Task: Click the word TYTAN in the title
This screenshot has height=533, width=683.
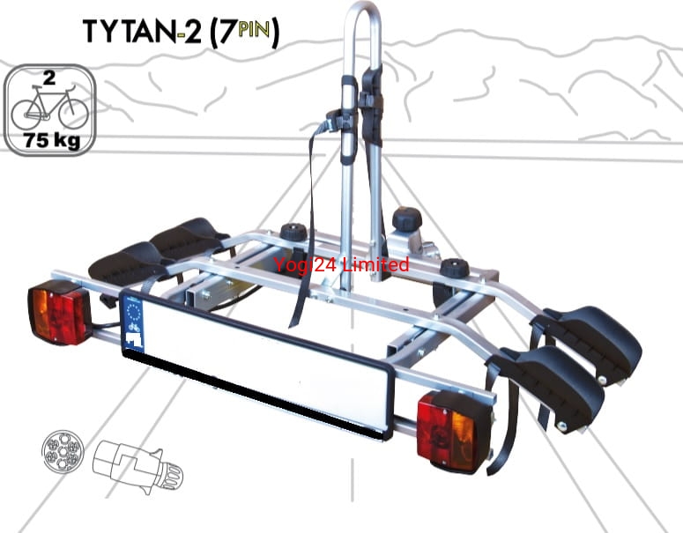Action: coord(130,32)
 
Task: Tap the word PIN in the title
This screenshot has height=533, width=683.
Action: coord(255,30)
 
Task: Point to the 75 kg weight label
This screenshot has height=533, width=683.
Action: coord(50,140)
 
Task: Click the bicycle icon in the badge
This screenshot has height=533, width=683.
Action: coord(49,107)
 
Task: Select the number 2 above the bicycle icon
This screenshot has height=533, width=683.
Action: coord(49,78)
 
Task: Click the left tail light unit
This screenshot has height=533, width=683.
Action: coord(60,312)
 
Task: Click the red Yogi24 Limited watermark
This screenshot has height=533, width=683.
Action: coord(341,264)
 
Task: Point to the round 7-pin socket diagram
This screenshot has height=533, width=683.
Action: coord(63,450)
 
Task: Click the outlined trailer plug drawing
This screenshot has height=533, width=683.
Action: coord(138,466)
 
